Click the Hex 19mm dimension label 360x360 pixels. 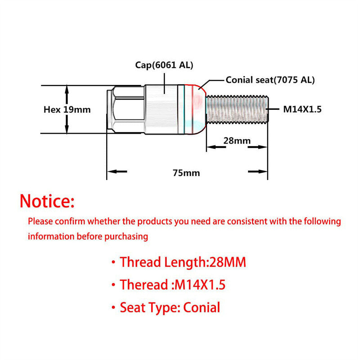click(67, 110)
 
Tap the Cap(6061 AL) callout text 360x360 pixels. click(164, 65)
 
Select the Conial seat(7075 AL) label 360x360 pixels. click(270, 80)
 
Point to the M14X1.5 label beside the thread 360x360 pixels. click(302, 109)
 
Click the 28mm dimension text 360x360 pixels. click(237, 140)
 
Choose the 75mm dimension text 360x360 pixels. click(186, 173)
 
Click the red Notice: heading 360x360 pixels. click(47, 201)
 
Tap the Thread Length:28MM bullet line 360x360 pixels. click(179, 262)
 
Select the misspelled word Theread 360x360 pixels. click(144, 285)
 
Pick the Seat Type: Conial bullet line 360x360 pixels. click(166, 308)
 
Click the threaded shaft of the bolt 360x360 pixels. click(237, 109)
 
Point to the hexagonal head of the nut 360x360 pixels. click(126, 109)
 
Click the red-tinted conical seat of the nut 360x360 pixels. click(195, 109)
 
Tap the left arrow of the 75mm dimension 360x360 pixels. click(117, 171)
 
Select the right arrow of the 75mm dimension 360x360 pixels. click(257, 171)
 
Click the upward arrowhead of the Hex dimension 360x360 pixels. click(67, 90)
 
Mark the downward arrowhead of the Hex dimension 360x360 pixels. click(67, 129)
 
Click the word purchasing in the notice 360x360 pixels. click(126, 237)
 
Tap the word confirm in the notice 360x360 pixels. click(70, 221)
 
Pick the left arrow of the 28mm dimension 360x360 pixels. click(216, 147)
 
